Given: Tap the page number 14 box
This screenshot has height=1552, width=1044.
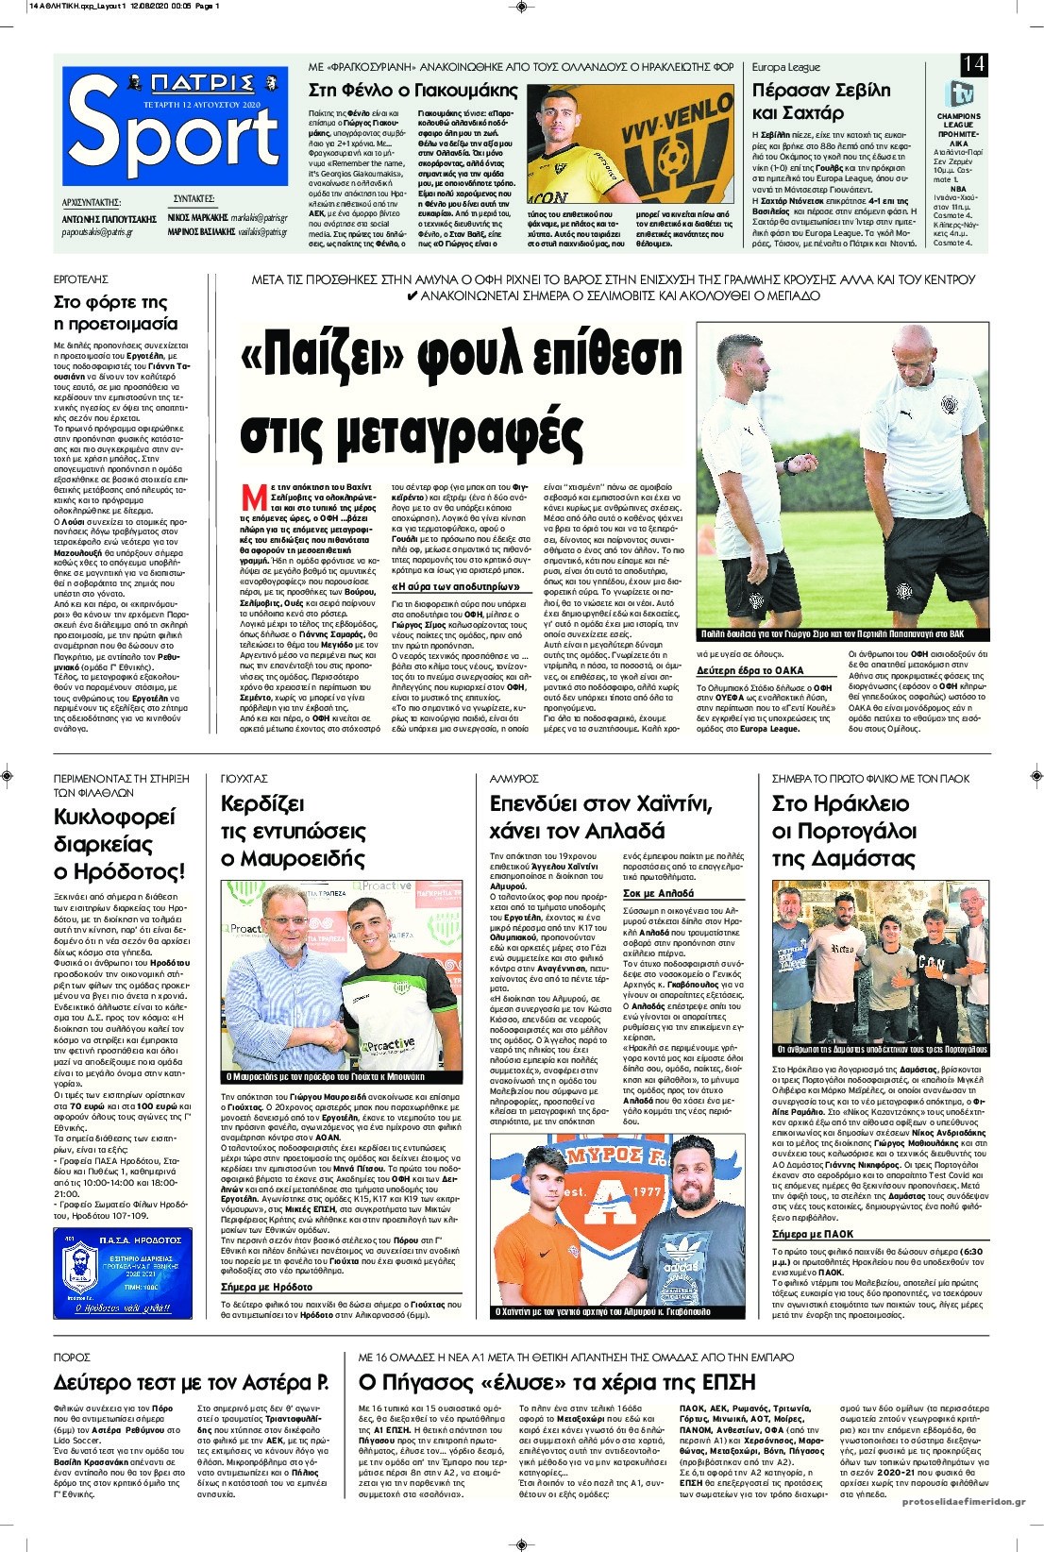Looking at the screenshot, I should click(973, 65).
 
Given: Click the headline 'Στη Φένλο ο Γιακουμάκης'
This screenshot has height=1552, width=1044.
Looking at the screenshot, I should click(413, 91).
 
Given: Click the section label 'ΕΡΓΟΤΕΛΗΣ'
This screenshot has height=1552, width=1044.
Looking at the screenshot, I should click(81, 279).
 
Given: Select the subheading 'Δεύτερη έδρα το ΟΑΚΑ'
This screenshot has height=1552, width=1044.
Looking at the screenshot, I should click(749, 670).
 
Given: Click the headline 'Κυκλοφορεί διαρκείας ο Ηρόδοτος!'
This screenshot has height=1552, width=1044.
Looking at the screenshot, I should click(120, 843).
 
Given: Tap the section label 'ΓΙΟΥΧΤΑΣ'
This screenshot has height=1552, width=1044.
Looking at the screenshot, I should click(244, 778).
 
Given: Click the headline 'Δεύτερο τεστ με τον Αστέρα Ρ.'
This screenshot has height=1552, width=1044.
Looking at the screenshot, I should click(192, 1382).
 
